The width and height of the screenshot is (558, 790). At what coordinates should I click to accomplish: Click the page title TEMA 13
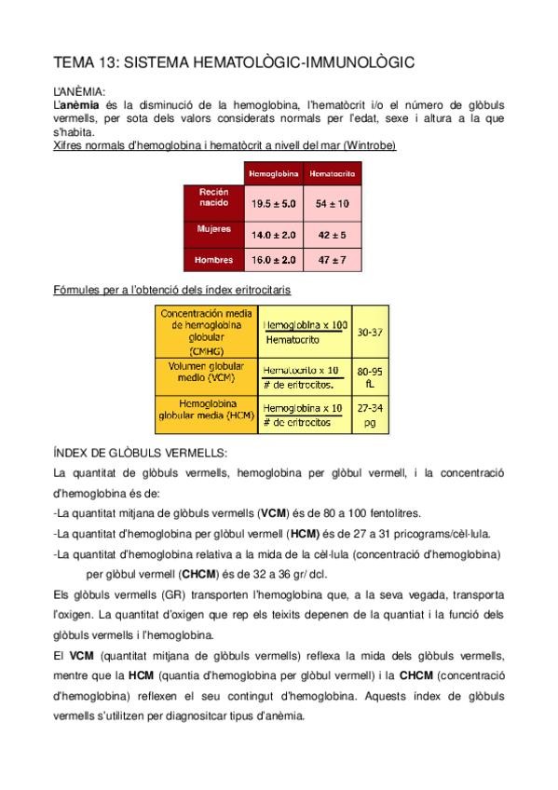click(x=233, y=62)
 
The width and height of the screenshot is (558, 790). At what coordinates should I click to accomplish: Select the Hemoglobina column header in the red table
click(x=273, y=174)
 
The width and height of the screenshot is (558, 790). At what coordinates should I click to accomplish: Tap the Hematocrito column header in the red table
click(x=333, y=174)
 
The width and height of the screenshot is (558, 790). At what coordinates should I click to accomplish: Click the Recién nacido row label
click(x=214, y=197)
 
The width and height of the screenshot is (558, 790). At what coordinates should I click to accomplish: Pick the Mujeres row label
click(x=214, y=228)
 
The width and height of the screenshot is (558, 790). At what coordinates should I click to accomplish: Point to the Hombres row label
click(x=214, y=260)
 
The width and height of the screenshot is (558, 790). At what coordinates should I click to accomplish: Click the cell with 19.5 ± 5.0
click(x=273, y=202)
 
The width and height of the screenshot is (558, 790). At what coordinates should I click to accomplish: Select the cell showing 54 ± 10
click(x=333, y=202)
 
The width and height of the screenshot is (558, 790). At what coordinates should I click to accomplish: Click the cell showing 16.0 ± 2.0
click(x=273, y=260)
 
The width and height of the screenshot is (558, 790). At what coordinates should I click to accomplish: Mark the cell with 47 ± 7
click(x=333, y=260)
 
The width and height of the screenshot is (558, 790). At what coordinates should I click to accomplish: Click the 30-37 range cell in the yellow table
click(x=370, y=331)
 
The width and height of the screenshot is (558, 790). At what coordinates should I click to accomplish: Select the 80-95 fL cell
click(x=370, y=376)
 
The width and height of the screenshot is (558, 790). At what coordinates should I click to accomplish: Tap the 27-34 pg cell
click(x=370, y=414)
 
